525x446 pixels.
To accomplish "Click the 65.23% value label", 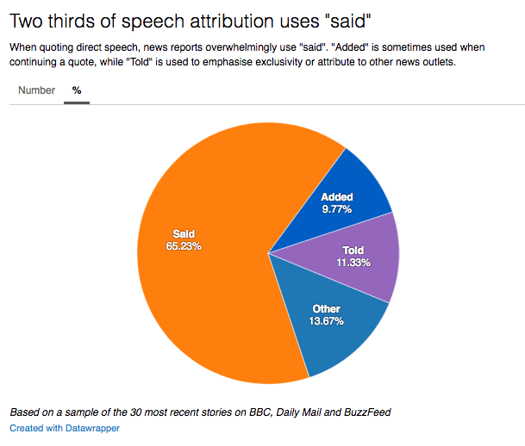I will pyautogui.click(x=184, y=245).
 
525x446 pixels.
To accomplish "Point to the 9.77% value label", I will pyautogui.click(x=337, y=209).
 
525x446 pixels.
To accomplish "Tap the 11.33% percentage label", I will pyautogui.click(x=353, y=263).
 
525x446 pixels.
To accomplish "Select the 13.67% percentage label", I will pyautogui.click(x=327, y=321).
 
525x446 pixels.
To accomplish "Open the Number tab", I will pyautogui.click(x=36, y=90).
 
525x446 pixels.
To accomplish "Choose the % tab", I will pyautogui.click(x=77, y=90).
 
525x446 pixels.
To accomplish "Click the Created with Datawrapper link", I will pyautogui.click(x=65, y=428).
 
